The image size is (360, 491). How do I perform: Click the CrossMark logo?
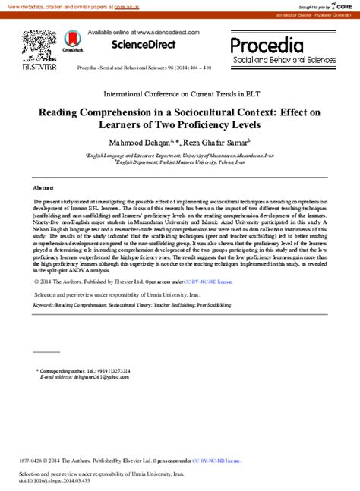[73, 42]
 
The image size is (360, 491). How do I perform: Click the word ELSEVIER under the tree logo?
[36, 67]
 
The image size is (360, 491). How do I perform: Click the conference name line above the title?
[179, 95]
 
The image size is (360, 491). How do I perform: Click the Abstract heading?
[43, 187]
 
